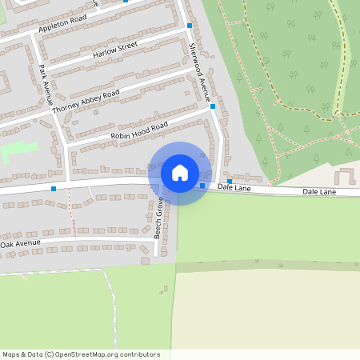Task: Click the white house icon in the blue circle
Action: click(x=179, y=173)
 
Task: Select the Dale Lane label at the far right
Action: click(x=319, y=192)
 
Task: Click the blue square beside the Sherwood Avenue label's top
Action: click(x=190, y=26)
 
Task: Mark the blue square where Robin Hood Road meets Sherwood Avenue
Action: click(x=213, y=106)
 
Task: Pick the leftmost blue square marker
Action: click(x=54, y=189)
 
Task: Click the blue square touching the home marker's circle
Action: click(x=202, y=186)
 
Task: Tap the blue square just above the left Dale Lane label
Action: click(x=230, y=181)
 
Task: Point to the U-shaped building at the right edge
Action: click(x=346, y=177)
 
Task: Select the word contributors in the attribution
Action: click(x=134, y=354)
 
